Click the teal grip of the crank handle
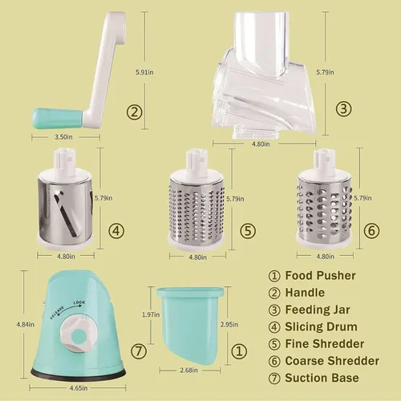point(59,119)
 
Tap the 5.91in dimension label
point(144,72)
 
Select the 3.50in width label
point(63,137)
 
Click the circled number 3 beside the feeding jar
point(343,109)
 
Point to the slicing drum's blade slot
point(66,215)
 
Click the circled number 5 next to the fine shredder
point(248,231)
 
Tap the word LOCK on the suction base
point(79,302)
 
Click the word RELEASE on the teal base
point(57,313)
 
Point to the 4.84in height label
point(26,325)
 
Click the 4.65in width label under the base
point(79,388)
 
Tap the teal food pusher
point(190,326)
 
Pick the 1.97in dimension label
point(151,314)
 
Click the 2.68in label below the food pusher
point(188,371)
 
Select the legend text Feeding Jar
point(318,310)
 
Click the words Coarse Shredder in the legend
point(332,361)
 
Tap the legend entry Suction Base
point(322,378)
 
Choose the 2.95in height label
point(229,324)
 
